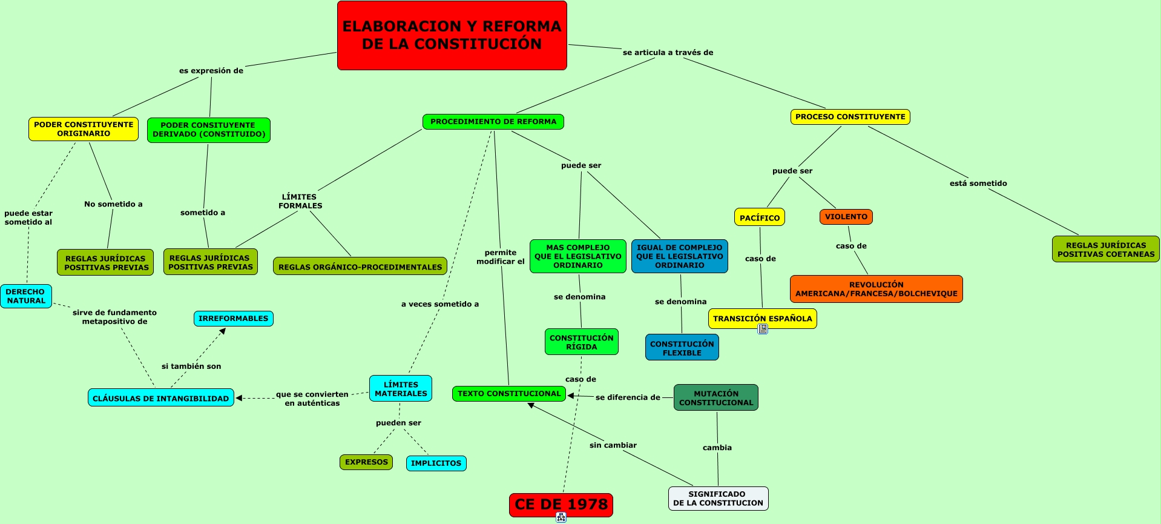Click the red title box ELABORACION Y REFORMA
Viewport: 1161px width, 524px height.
(x=452, y=35)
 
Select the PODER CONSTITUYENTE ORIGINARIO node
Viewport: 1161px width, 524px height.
(x=84, y=129)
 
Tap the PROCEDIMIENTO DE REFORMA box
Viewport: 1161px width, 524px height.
(x=493, y=122)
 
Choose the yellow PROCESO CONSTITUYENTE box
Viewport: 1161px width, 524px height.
(x=850, y=117)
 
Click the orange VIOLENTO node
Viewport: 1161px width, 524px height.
(x=846, y=217)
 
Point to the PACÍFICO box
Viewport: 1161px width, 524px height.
(x=760, y=217)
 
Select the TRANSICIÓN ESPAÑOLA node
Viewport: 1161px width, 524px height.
(x=762, y=319)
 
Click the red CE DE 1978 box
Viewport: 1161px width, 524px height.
(x=561, y=505)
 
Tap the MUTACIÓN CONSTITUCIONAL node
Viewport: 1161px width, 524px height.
(x=716, y=398)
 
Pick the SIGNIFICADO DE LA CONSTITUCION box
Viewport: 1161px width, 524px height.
(x=718, y=499)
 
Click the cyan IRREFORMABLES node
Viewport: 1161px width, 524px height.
(x=233, y=319)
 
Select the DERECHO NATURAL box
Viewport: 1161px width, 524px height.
(x=26, y=296)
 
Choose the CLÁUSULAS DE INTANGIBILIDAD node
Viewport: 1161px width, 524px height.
(x=161, y=398)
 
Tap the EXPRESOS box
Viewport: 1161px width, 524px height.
(x=366, y=462)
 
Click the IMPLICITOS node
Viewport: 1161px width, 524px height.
(x=436, y=463)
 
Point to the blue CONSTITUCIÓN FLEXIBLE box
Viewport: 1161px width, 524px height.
(x=682, y=348)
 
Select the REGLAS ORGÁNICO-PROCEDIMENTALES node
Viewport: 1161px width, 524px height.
(x=360, y=267)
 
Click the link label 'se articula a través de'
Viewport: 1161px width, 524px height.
(x=668, y=53)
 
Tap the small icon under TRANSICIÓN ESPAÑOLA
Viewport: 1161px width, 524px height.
(x=763, y=329)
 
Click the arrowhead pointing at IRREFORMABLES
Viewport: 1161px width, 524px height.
(x=223, y=331)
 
